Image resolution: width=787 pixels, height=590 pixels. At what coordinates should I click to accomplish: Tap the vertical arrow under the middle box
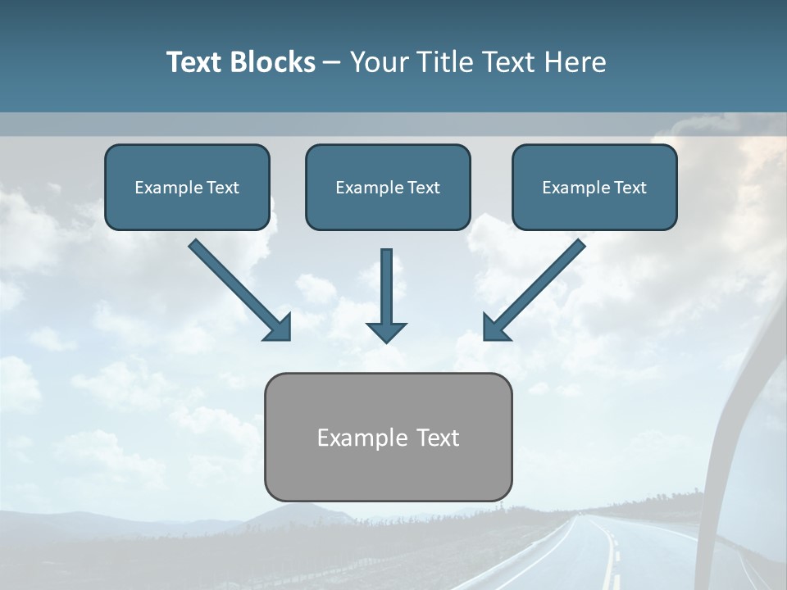[386, 287]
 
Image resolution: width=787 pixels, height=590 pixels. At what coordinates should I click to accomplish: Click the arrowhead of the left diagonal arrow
[279, 328]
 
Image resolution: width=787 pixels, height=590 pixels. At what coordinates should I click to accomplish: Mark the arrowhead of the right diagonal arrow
[495, 328]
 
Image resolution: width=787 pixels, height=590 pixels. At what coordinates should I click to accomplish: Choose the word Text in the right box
[630, 188]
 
